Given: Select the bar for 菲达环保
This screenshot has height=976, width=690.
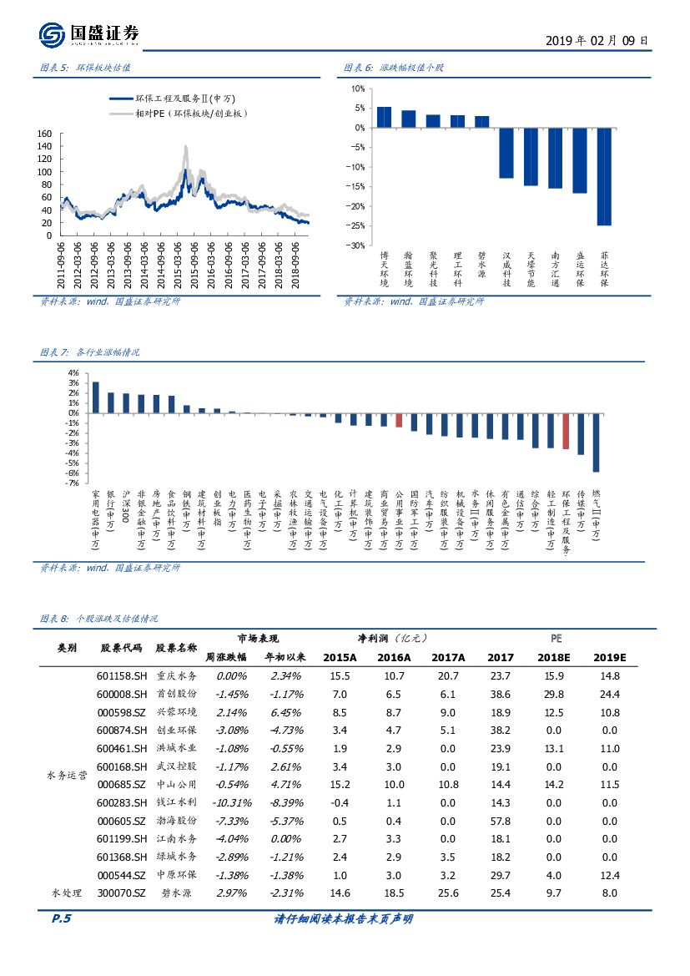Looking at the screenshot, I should (x=604, y=176).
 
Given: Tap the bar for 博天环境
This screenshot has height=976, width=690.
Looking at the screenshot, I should (x=384, y=117).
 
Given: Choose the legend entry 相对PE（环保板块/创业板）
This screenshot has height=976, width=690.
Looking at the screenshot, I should (x=184, y=113).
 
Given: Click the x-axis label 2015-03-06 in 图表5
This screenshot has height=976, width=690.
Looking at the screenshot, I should (x=179, y=264).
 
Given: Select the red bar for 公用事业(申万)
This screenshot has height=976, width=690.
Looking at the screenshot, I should (x=399, y=420).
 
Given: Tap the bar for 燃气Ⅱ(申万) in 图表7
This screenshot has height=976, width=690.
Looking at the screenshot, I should (x=596, y=442).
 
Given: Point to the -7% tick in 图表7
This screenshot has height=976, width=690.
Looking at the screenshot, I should (x=73, y=483).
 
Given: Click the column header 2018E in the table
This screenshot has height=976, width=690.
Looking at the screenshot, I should (x=553, y=657).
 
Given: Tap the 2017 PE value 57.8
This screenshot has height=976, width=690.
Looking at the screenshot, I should (x=500, y=821).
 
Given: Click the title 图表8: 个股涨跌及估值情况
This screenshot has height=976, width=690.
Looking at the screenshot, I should (x=99, y=619).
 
